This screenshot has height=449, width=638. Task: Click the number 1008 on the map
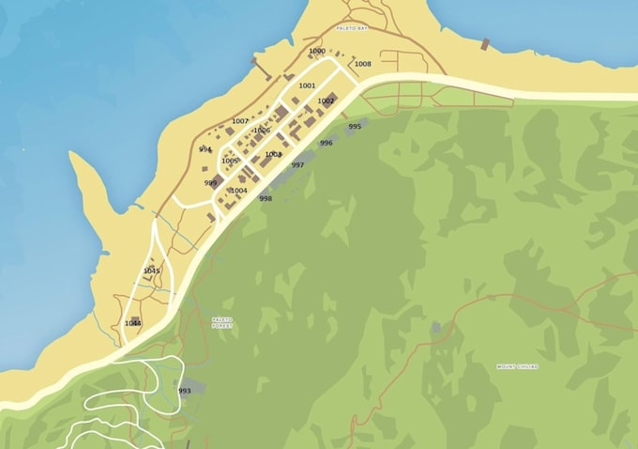362,64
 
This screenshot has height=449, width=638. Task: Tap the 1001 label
307,85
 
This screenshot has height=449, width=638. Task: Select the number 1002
326,101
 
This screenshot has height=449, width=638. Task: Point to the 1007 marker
240,121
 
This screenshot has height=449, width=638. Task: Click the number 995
355,126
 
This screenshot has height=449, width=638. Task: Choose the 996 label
326,143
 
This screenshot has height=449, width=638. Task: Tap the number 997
297,164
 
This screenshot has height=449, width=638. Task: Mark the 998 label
266,198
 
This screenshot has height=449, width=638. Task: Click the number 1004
238,191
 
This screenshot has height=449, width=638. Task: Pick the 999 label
210,183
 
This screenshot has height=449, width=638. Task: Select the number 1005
229,161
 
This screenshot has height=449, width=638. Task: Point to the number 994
205,148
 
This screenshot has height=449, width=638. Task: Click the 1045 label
151,271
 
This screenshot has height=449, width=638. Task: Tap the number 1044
133,323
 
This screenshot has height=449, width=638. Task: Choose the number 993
184,391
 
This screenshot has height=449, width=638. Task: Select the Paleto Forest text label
221,322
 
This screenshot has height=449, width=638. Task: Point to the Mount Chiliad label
517,365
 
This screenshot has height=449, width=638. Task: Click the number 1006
262,131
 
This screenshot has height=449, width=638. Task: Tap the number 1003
273,154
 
